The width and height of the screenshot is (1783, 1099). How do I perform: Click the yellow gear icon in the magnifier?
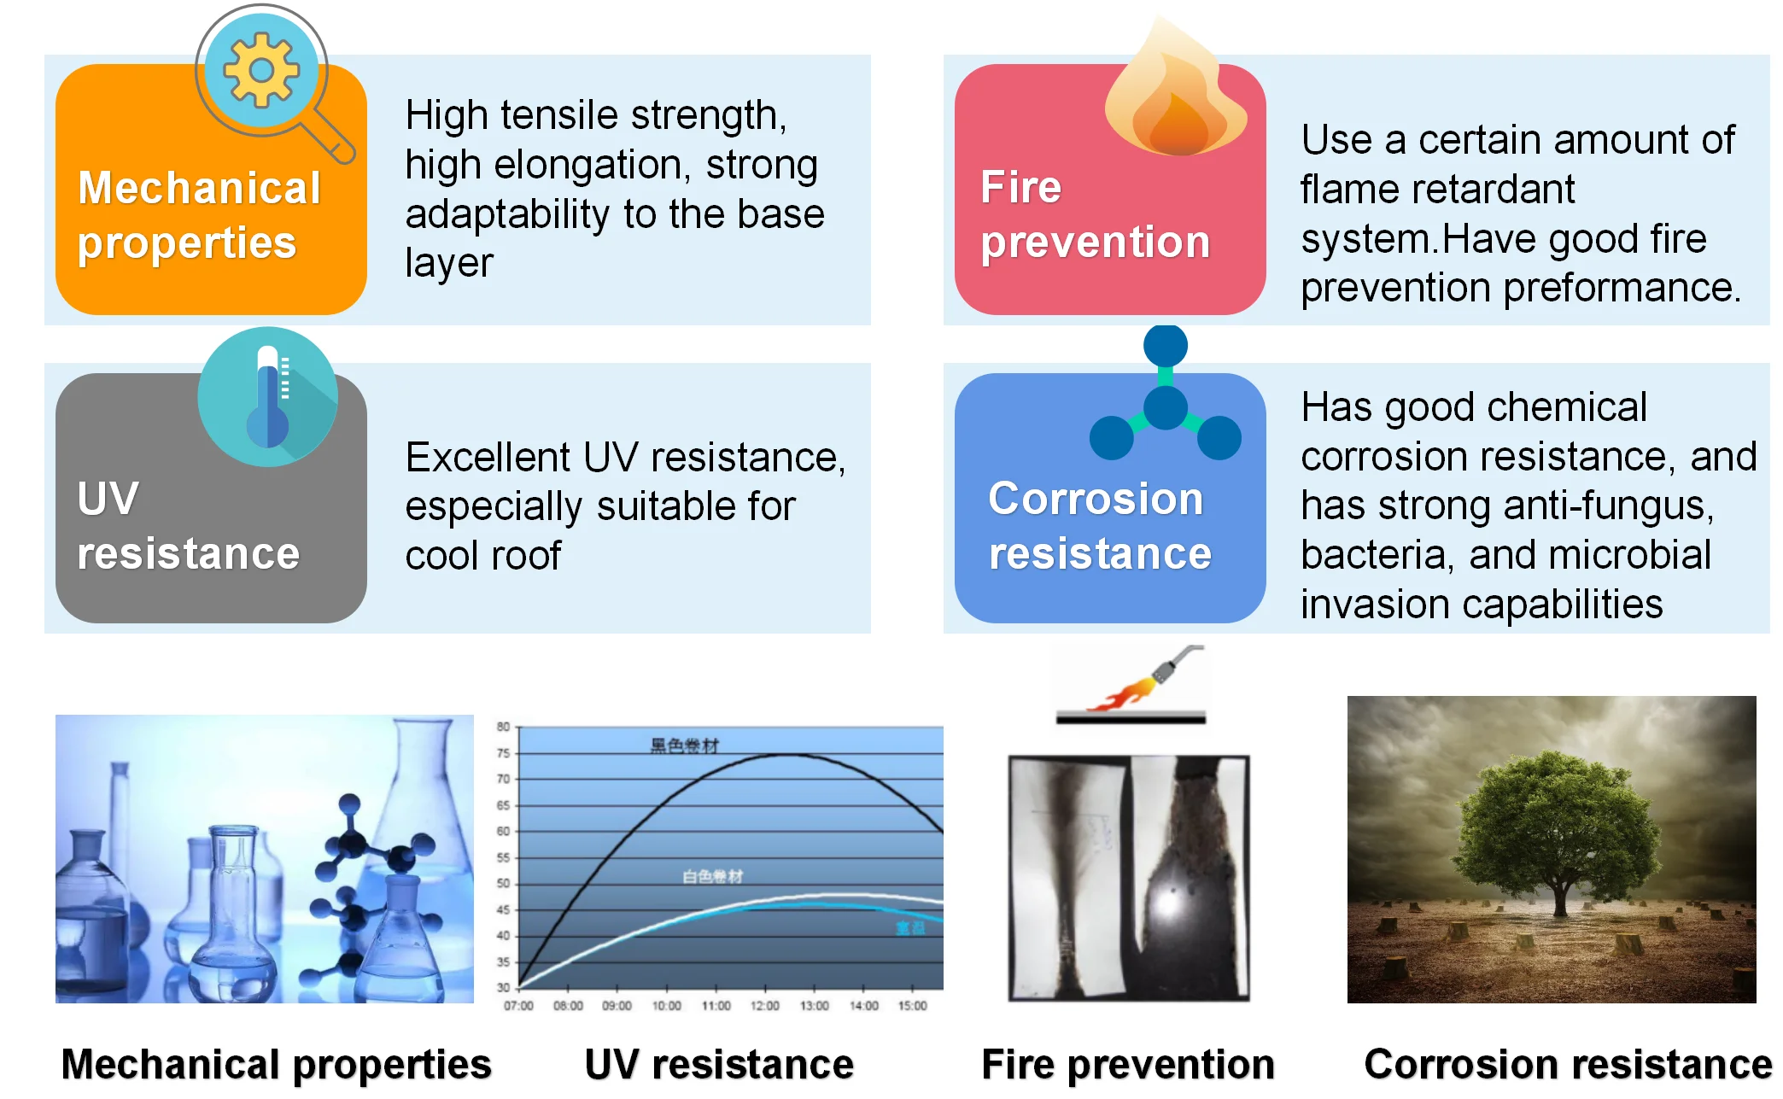[261, 70]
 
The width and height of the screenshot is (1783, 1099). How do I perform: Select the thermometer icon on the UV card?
[268, 397]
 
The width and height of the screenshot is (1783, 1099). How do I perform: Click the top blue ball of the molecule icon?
[1166, 345]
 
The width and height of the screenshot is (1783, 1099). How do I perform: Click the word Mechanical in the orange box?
[199, 188]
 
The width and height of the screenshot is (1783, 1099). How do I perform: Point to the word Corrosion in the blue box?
[1096, 499]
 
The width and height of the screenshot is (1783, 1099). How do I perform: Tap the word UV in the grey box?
[108, 499]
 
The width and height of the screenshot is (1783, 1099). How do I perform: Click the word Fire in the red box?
[1020, 187]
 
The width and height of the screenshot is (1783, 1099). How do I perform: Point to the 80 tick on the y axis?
[503, 727]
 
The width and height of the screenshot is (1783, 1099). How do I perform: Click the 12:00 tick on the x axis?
[765, 1006]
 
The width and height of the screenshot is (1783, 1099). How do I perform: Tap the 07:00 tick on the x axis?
[518, 1006]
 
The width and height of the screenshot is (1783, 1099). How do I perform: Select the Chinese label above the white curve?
[713, 876]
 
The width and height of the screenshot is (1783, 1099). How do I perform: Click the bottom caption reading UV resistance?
[719, 1065]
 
